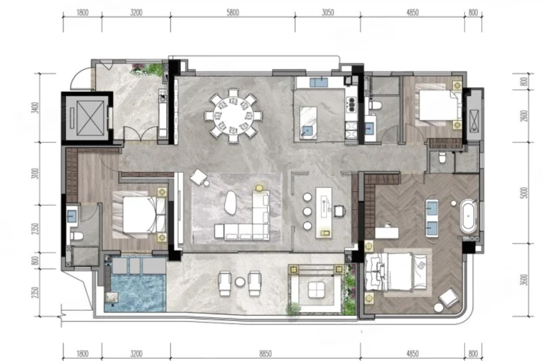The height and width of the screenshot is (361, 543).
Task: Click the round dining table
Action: click(x=233, y=115)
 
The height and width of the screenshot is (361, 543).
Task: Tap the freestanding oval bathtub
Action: click(x=468, y=216)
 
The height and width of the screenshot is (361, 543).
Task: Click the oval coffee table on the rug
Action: click(x=231, y=201)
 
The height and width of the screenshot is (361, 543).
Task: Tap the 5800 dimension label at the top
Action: click(x=233, y=13)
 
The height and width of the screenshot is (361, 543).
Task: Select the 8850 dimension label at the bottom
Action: click(x=265, y=354)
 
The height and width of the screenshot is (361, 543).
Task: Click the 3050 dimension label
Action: click(x=328, y=13)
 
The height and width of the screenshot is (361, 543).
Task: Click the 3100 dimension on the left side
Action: click(x=35, y=174)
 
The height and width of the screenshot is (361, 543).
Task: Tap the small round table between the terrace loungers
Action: click(x=240, y=282)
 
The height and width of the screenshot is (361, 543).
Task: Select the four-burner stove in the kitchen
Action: click(x=351, y=104)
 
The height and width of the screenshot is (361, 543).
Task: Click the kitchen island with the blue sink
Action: click(x=308, y=123)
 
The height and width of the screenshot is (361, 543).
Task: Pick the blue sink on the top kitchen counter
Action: click(x=319, y=82)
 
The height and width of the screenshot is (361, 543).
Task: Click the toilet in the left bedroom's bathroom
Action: click(x=77, y=236)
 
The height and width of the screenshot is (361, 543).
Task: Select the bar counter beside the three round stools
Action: click(x=324, y=213)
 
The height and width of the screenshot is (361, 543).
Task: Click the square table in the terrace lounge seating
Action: click(x=316, y=289)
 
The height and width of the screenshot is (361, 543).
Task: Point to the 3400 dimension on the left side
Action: click(x=35, y=108)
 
